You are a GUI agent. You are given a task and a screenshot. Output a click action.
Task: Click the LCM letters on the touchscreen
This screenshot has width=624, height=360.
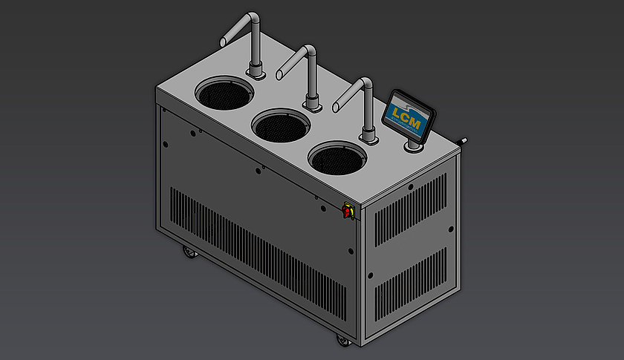pyautogui.click(x=408, y=116)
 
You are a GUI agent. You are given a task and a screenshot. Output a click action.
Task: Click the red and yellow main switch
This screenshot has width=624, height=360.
pyautogui.click(x=347, y=212)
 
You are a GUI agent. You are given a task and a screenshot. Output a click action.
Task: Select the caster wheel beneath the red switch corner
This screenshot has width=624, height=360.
pyautogui.click(x=343, y=340)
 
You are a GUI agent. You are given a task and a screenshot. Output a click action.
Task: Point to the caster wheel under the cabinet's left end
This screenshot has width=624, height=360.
pyautogui.click(x=188, y=255)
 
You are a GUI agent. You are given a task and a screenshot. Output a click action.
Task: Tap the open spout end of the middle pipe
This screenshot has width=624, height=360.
pyautogui.click(x=280, y=74)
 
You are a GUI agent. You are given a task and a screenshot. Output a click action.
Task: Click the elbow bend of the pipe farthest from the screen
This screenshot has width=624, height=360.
pyautogui.click(x=254, y=18)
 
